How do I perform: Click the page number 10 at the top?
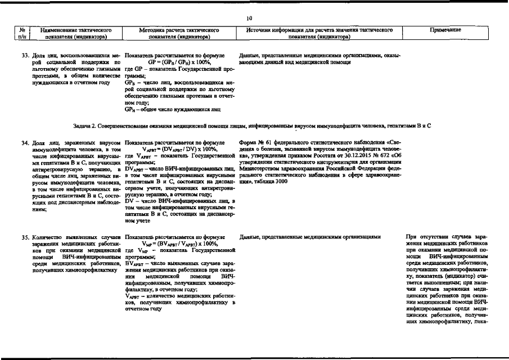tap(249, 19)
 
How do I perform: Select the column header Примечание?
tap(445, 29)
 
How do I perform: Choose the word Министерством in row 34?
tap(259, 168)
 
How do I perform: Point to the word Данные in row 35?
tap(250, 237)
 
